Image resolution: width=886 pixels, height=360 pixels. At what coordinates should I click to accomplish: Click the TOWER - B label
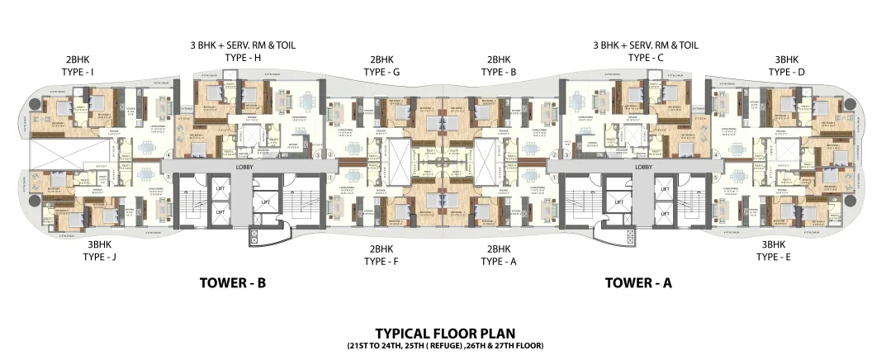click(x=232, y=282)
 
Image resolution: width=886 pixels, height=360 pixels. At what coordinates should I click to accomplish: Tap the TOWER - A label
click(x=638, y=282)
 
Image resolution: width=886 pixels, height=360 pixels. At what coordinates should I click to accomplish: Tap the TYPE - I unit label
click(x=79, y=73)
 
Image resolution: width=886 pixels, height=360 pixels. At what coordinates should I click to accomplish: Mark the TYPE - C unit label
click(x=646, y=58)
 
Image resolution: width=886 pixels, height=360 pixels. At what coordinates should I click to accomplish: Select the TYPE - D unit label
click(x=786, y=73)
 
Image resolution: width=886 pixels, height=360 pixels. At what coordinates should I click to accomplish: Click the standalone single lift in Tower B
click(x=267, y=201)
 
